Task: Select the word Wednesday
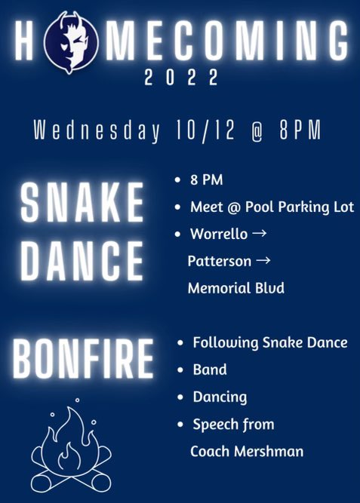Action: (x=97, y=132)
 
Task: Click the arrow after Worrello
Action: (x=257, y=234)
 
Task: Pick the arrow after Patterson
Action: (x=263, y=261)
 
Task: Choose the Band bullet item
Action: (x=209, y=370)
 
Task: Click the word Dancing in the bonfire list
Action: (x=220, y=397)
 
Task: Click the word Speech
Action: (x=216, y=425)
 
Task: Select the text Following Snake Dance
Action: (x=269, y=343)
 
